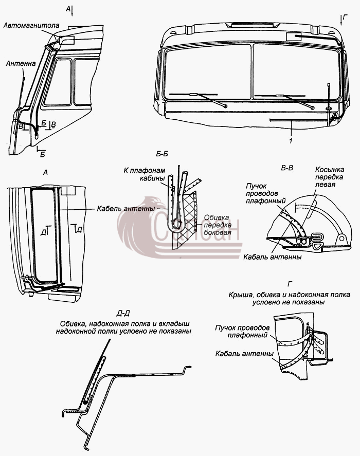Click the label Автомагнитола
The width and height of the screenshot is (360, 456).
click(x=31, y=25)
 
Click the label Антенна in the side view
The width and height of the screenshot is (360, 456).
click(x=21, y=63)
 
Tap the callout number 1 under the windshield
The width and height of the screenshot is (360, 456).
click(x=291, y=141)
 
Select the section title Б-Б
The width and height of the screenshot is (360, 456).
click(x=162, y=154)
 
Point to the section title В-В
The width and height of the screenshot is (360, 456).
click(x=286, y=168)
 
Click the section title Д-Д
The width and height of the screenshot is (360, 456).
click(x=123, y=313)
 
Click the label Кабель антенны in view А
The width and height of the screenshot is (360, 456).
click(x=125, y=209)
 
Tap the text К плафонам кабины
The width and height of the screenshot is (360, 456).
click(x=145, y=174)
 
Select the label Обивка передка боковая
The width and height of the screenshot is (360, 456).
click(x=218, y=225)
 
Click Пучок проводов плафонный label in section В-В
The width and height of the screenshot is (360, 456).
click(x=265, y=193)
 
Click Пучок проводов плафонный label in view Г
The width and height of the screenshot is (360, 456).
click(x=242, y=331)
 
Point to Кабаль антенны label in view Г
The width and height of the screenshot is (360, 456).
click(x=244, y=354)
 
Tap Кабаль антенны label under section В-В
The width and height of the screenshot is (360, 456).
click(x=273, y=257)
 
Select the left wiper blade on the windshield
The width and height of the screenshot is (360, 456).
click(x=193, y=94)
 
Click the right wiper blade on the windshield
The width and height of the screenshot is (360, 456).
click(x=280, y=96)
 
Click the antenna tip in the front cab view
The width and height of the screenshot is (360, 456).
click(x=328, y=84)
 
